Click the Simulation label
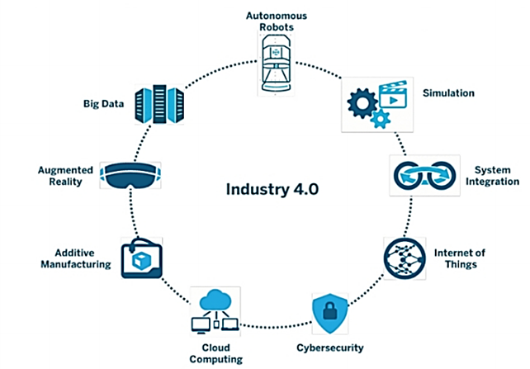tap(447, 93)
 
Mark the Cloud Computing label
tap(217, 353)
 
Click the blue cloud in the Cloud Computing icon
tap(217, 299)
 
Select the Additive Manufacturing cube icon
tap(142, 258)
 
